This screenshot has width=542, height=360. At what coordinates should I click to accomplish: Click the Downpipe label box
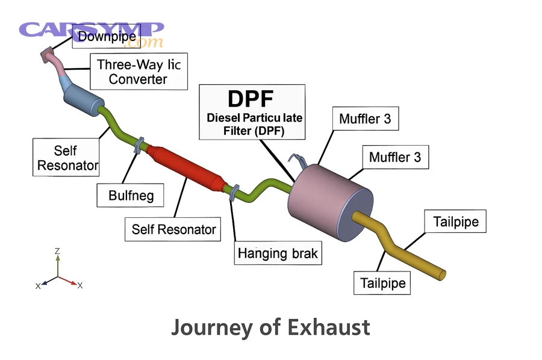point(107,37)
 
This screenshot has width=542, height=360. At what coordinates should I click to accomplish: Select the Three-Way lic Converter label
point(138,72)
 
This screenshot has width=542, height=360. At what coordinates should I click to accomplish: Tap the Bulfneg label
point(131,195)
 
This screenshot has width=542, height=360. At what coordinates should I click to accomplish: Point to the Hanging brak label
point(278,253)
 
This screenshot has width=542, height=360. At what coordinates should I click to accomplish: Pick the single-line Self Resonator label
point(173,229)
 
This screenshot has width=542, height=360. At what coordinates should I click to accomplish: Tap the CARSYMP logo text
point(90,30)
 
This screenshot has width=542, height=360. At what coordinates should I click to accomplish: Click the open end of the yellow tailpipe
point(443,274)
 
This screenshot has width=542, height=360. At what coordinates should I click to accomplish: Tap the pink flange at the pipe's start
point(46,56)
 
